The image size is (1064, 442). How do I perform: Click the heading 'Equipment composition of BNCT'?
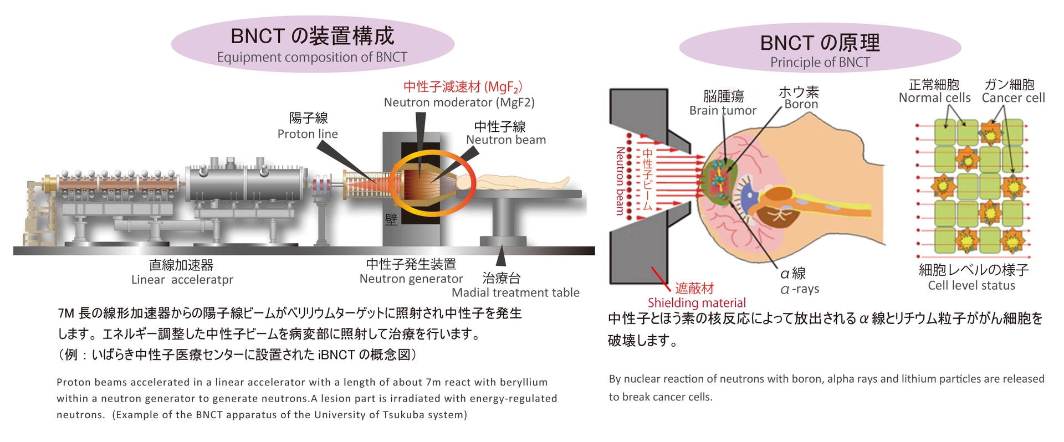click(312, 57)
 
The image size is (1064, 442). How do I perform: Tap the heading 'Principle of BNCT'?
click(820, 63)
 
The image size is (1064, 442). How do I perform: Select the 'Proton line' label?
click(308, 134)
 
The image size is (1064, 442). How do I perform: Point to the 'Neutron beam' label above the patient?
click(506, 140)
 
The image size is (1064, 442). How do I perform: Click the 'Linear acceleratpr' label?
click(182, 280)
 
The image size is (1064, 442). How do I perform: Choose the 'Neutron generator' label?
click(411, 279)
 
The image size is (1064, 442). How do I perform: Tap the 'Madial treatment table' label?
click(515, 292)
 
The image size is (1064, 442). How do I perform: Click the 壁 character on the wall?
click(391, 220)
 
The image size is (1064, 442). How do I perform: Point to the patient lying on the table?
click(521, 182)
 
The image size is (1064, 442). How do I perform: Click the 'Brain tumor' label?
click(723, 111)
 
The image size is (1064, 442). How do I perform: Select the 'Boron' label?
click(801, 104)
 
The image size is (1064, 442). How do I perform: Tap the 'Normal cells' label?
click(934, 98)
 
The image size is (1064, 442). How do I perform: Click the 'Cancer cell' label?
click(1013, 98)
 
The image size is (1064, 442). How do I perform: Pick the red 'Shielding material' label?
click(697, 303)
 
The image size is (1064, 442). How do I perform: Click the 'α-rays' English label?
click(799, 289)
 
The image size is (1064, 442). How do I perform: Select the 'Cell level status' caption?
click(971, 286)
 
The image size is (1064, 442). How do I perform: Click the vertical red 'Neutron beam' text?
click(620, 181)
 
